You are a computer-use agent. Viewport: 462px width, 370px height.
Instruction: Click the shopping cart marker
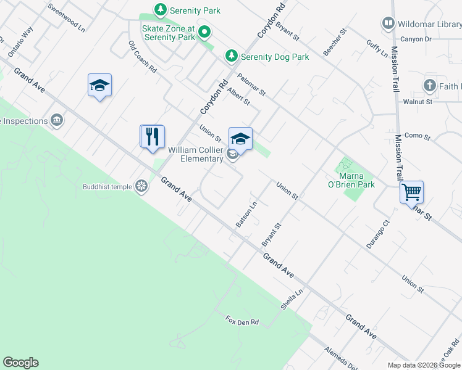(411, 192)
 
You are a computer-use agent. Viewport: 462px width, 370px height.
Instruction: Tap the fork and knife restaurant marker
(153, 136)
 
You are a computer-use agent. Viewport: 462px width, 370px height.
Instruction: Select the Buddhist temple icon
(141, 186)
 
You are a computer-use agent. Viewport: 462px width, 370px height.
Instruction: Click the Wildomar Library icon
(388, 24)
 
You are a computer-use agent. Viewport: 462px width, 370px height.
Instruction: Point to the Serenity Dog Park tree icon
(232, 56)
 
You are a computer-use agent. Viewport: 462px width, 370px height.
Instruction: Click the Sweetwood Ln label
(66, 18)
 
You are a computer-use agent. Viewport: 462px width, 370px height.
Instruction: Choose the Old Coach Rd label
(143, 57)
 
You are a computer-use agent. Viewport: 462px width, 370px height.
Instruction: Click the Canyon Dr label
(415, 38)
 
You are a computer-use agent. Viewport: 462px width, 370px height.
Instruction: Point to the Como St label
(418, 135)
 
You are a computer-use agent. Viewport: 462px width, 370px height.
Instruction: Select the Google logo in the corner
(20, 363)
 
